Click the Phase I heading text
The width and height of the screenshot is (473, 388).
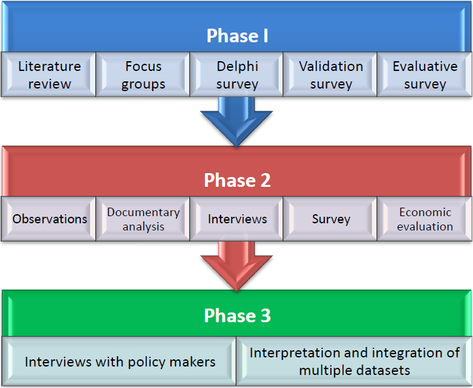(237, 36)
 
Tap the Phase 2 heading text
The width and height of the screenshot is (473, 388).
(237, 180)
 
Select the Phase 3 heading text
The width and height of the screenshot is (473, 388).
(237, 316)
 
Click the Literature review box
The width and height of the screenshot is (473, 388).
(48, 74)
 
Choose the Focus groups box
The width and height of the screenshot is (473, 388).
(143, 74)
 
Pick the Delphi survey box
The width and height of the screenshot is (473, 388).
(236, 74)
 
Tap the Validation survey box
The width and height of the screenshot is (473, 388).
(330, 74)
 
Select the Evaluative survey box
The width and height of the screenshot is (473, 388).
(425, 74)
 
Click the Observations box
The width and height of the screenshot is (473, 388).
(48, 219)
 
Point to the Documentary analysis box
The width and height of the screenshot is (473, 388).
(143, 219)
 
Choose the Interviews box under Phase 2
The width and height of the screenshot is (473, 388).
(236, 219)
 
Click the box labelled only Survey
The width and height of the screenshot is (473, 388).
(330, 219)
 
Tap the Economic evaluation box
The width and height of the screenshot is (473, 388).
(425, 219)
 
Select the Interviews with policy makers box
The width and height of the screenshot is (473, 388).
(119, 361)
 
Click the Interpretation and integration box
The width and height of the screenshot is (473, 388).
(354, 361)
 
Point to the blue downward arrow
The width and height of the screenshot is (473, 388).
(236, 122)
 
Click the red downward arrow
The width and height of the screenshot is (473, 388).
(236, 266)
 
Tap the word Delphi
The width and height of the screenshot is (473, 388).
(237, 66)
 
